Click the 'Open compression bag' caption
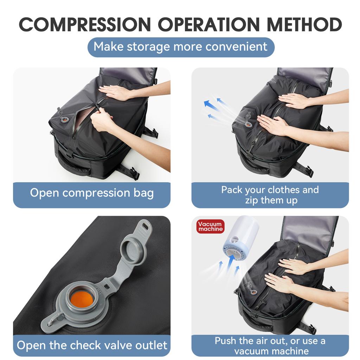click(92, 193)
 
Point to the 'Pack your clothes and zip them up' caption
click(270, 195)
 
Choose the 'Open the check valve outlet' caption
click(92, 345)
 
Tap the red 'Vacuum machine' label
click(210, 226)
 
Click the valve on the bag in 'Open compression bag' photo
click(65, 120)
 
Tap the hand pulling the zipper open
click(102, 120)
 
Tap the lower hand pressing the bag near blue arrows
click(272, 125)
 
